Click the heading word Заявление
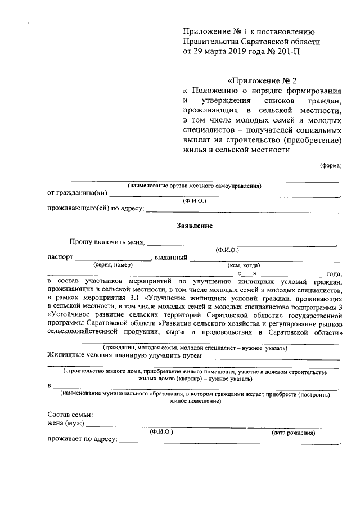pyautogui.click(x=194, y=225)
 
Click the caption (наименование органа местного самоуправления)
pyautogui.click(x=194, y=186)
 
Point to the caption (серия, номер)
pyautogui.click(x=113, y=265)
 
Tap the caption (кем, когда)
pyautogui.click(x=244, y=265)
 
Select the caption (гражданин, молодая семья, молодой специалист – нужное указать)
pyautogui.click(x=194, y=348)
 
